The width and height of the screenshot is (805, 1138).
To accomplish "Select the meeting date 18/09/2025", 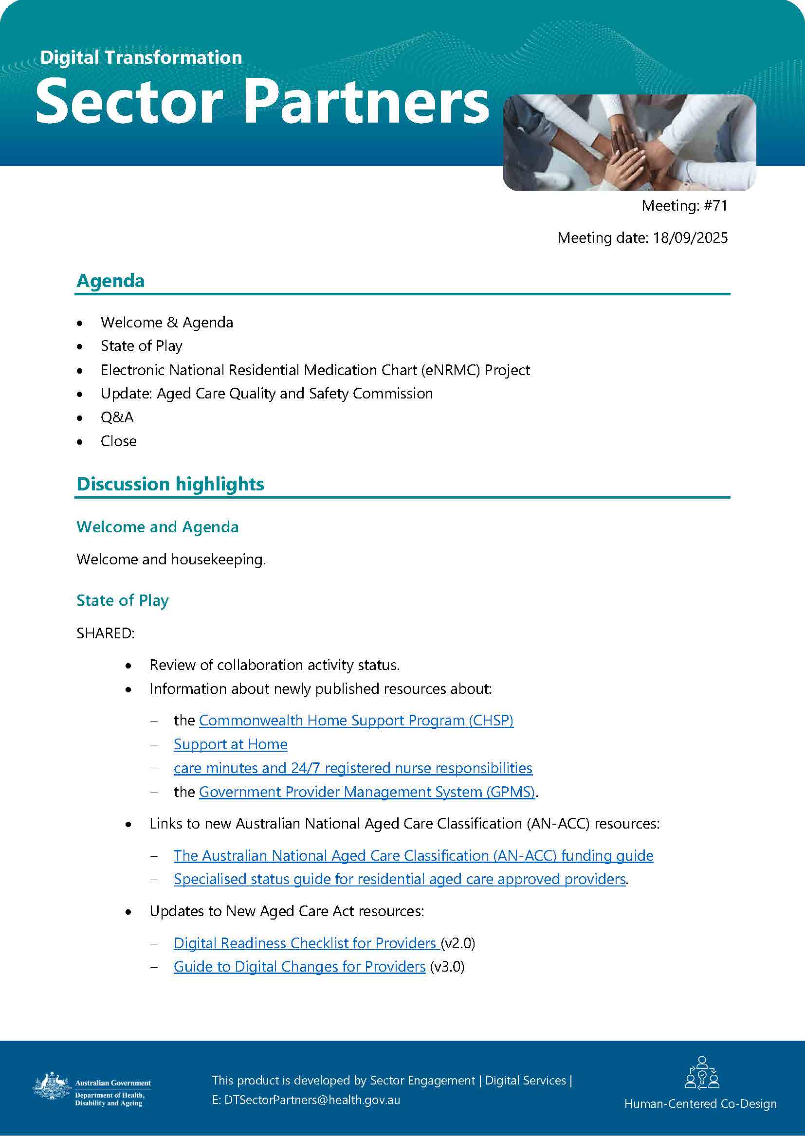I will pyautogui.click(x=690, y=238).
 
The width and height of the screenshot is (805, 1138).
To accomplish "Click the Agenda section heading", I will pyautogui.click(x=110, y=281).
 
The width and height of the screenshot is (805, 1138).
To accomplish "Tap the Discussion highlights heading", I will pyautogui.click(x=170, y=484).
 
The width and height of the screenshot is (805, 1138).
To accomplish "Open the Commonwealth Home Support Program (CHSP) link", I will pyautogui.click(x=356, y=721).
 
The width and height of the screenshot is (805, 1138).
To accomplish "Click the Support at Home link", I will pyautogui.click(x=231, y=744).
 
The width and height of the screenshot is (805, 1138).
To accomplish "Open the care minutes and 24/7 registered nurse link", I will pyautogui.click(x=353, y=768).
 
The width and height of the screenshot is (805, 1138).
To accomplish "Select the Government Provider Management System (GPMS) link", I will pyautogui.click(x=367, y=792).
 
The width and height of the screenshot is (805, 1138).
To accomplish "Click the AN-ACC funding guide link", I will pyautogui.click(x=413, y=856).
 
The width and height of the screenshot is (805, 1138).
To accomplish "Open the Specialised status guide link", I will pyautogui.click(x=400, y=879).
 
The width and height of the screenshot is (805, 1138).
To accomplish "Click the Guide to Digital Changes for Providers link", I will pyautogui.click(x=299, y=967).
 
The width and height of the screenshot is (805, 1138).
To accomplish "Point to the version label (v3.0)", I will pyautogui.click(x=447, y=967).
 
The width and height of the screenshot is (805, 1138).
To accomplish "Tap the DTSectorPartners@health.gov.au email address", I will pyautogui.click(x=312, y=1100).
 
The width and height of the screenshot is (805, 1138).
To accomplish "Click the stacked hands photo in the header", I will pyautogui.click(x=629, y=143).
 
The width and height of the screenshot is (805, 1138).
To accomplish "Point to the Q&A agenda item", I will pyautogui.click(x=117, y=417).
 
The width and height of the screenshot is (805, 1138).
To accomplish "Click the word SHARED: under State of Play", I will pyautogui.click(x=106, y=633).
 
